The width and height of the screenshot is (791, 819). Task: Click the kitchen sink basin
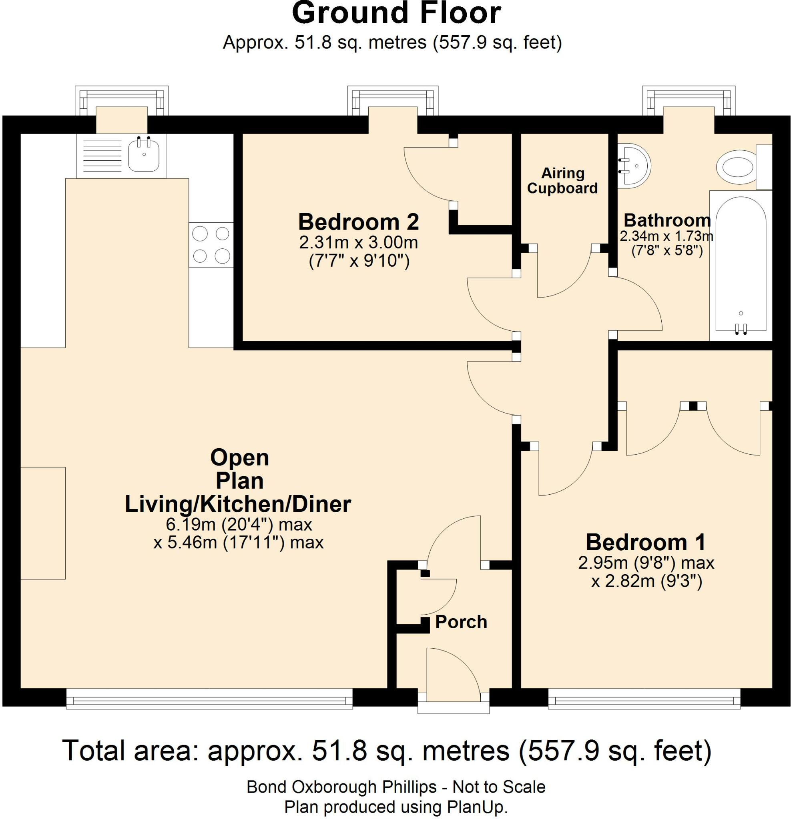pyautogui.click(x=143, y=155)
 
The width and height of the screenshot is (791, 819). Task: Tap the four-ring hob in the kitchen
pyautogui.click(x=211, y=244)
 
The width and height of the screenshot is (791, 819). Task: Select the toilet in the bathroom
pyautogui.click(x=737, y=167)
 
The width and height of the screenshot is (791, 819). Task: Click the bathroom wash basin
pyautogui.click(x=634, y=166)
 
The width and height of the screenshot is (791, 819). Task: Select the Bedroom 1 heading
pyautogui.click(x=646, y=542)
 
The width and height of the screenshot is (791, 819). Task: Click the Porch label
pyautogui.click(x=461, y=622)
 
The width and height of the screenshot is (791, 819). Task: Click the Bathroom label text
pyautogui.click(x=667, y=220)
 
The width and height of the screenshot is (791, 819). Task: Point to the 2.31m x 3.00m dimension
pyautogui.click(x=359, y=242)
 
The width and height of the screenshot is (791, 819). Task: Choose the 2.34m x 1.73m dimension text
pyautogui.click(x=666, y=236)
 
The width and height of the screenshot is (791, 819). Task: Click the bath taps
pyautogui.click(x=741, y=329)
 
